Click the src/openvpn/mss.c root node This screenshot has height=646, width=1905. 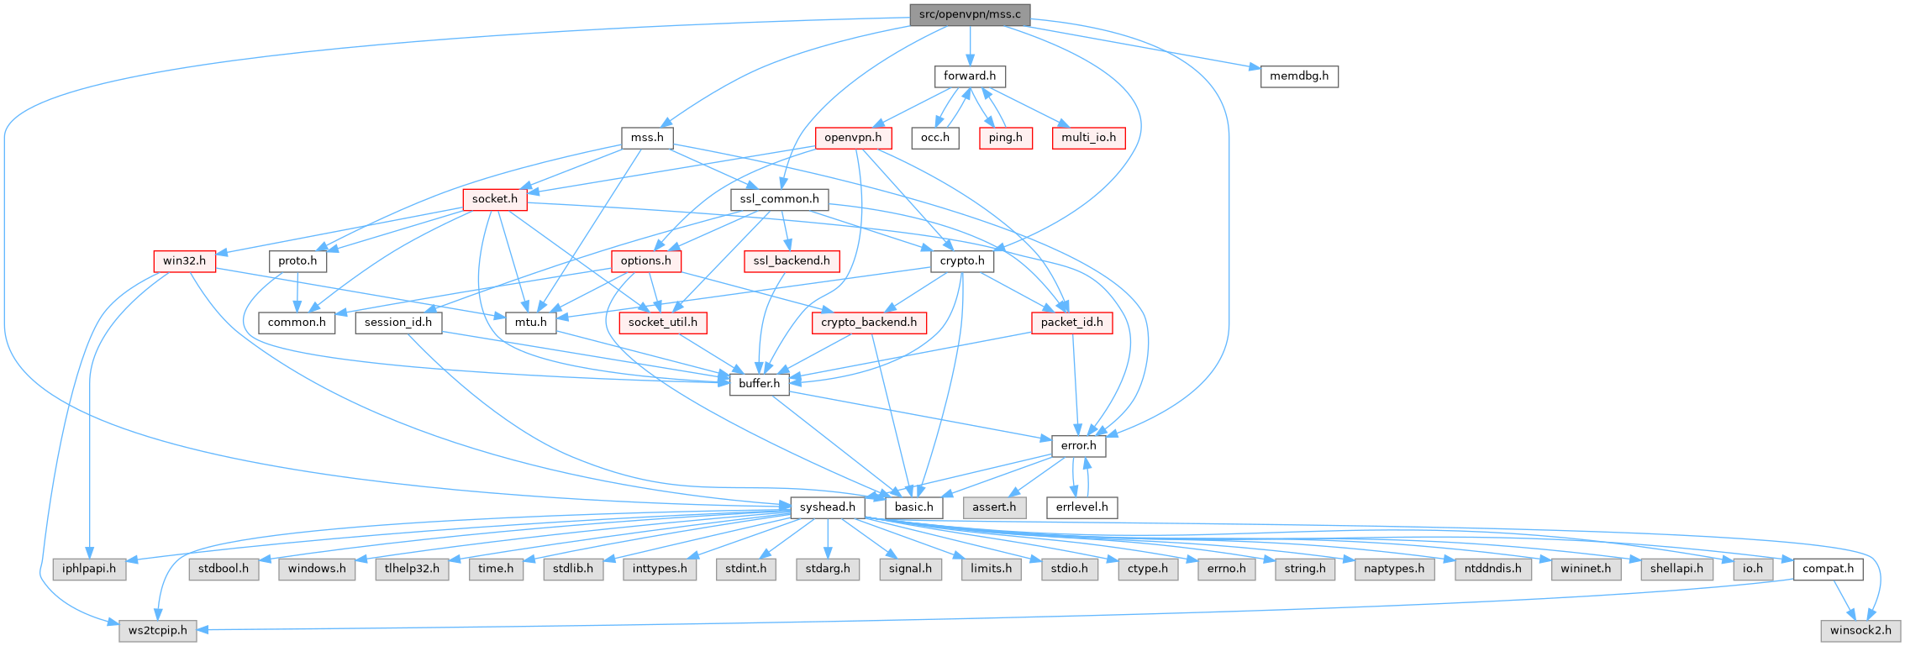(x=970, y=15)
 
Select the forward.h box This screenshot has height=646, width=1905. (x=970, y=76)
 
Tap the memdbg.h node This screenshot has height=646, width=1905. (x=1299, y=76)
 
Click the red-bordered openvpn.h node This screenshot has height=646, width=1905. (x=853, y=138)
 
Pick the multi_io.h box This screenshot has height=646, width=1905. (x=1087, y=138)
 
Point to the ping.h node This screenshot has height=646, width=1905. (x=1006, y=138)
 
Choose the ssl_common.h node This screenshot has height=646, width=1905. (x=779, y=200)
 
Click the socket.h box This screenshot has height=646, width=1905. (x=494, y=200)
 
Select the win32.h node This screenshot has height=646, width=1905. (x=184, y=261)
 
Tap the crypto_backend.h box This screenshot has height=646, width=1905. (x=869, y=323)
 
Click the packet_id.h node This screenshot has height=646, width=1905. (x=1071, y=323)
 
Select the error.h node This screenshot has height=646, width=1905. (x=1079, y=446)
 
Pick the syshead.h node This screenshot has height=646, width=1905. (x=828, y=507)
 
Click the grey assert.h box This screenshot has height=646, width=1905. (x=995, y=507)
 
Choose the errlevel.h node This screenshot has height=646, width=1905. (x=1082, y=507)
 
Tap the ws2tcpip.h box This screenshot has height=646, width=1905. (x=158, y=630)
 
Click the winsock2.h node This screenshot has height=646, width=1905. (x=1861, y=630)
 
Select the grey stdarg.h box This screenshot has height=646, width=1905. (x=828, y=569)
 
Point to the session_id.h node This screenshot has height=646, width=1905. (x=398, y=323)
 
